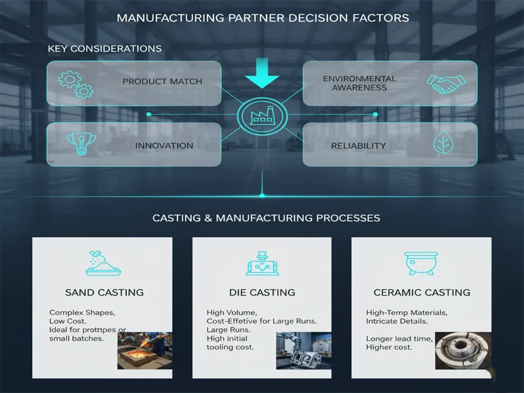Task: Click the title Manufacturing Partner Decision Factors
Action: [x=262, y=18]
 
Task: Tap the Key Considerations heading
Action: [x=105, y=49]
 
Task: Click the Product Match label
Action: [x=162, y=82]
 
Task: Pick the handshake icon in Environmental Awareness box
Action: [x=445, y=82]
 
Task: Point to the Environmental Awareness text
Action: [x=360, y=83]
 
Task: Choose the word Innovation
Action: [x=164, y=145]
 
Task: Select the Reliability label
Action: [x=358, y=145]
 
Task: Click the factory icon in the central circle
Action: [x=261, y=116]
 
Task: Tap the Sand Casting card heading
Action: [x=105, y=292]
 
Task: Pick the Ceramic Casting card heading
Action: [x=422, y=292]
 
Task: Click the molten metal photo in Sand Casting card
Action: [x=145, y=350]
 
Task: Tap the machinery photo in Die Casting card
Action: [x=304, y=350]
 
